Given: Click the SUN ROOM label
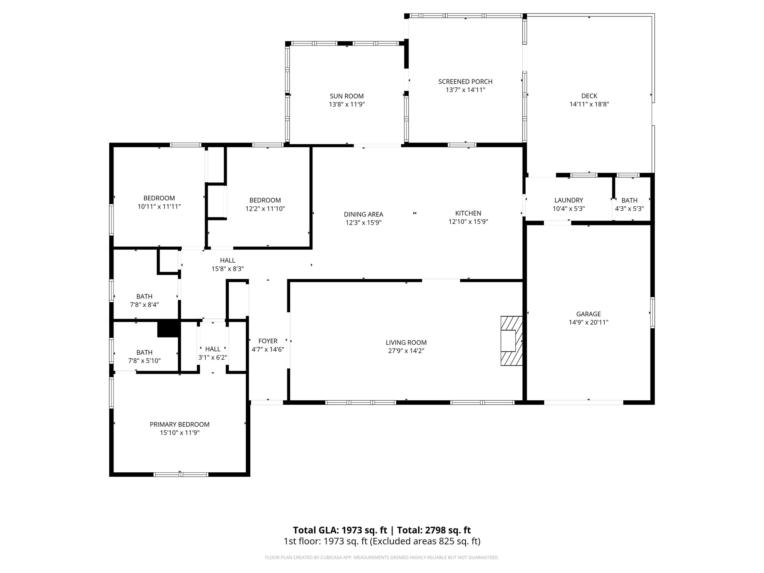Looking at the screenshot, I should coord(347,96).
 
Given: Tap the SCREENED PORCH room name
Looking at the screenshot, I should coord(465,81).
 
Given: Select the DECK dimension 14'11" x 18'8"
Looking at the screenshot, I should coord(589,104).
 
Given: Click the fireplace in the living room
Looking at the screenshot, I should coord(511,341).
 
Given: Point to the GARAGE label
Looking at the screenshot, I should coord(588,314).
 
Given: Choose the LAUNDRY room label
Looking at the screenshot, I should coord(569,200).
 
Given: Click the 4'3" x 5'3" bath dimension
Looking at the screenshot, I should coord(629,209).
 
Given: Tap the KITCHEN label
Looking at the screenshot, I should coord(468,213).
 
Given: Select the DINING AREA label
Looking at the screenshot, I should coord(363,214).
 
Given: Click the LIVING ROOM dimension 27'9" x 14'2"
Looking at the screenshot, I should coord(406,351).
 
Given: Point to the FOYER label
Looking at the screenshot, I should coord(268,341).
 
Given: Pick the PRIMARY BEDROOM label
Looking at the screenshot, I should coord(179,424).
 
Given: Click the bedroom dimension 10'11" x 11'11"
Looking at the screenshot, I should coord(159,206).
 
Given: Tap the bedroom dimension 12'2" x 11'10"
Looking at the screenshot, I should coord(265,209).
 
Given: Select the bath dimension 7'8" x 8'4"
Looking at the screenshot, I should coord(144,305).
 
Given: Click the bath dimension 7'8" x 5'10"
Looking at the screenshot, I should coord(144,361).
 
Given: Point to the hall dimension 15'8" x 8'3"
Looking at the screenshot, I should coord(228,269).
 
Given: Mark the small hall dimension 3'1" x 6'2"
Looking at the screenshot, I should coord(213,357).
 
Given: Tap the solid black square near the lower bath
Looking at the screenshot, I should coord(169,329).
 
